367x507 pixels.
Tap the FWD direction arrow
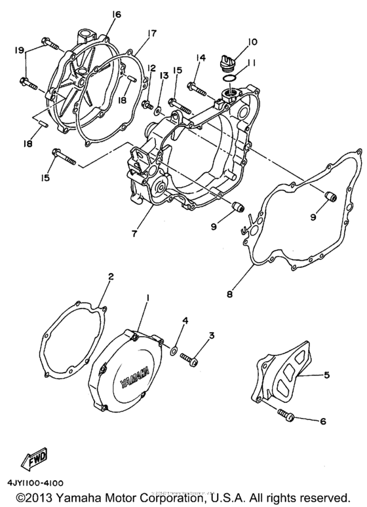coord(34,462)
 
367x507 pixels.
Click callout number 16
coord(117,14)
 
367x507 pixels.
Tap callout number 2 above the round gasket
coord(110,277)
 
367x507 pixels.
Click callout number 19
coord(19,49)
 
